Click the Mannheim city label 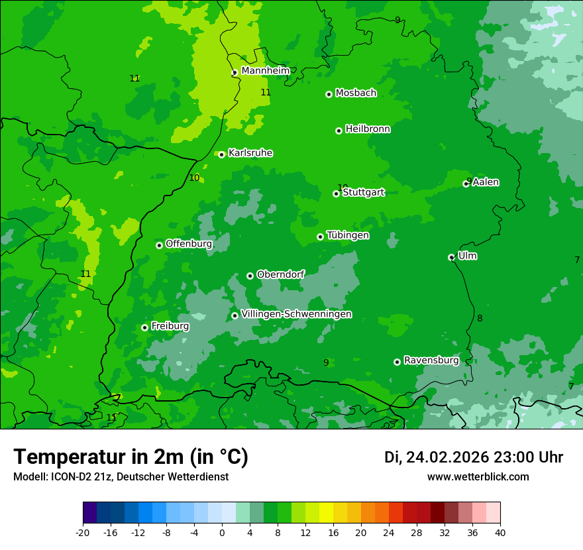pos(265,71)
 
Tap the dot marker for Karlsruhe pos(221,154)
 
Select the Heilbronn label pos(368,129)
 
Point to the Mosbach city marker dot pos(329,94)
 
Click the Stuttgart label pos(363,193)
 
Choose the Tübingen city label pos(348,235)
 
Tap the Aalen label pos(486,182)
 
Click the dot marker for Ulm pos(451,257)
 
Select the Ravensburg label pos(431,360)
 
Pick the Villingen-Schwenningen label pos(297,314)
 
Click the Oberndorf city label pos(281,274)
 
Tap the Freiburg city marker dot pos(144,327)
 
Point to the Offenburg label pos(189,244)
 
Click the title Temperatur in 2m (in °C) pos(131,457)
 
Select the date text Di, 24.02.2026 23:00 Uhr pos(474,457)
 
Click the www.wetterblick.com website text pos(478,477)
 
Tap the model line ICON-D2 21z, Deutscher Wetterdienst pos(121,477)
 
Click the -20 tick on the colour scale pos(83,533)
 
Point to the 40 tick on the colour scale pos(500,533)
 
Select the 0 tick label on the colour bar pos(222,533)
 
